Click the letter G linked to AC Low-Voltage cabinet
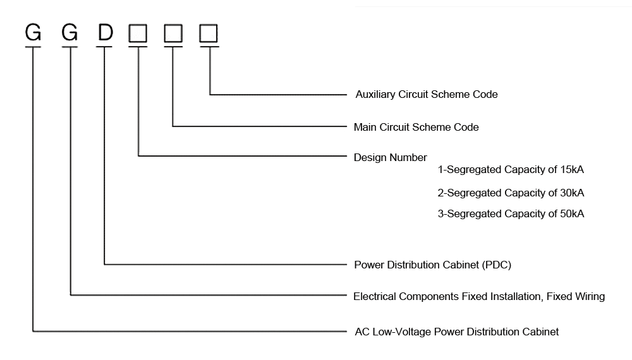33,32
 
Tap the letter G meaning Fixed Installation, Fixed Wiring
70,32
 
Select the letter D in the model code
105,32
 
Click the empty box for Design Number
138,33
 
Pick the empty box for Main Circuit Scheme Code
173,33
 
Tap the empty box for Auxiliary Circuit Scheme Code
209,33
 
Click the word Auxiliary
375,95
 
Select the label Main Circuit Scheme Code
416,128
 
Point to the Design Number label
390,158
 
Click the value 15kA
571,170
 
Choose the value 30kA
571,193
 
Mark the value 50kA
571,214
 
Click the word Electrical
375,296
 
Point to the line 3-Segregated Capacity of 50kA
511,214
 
